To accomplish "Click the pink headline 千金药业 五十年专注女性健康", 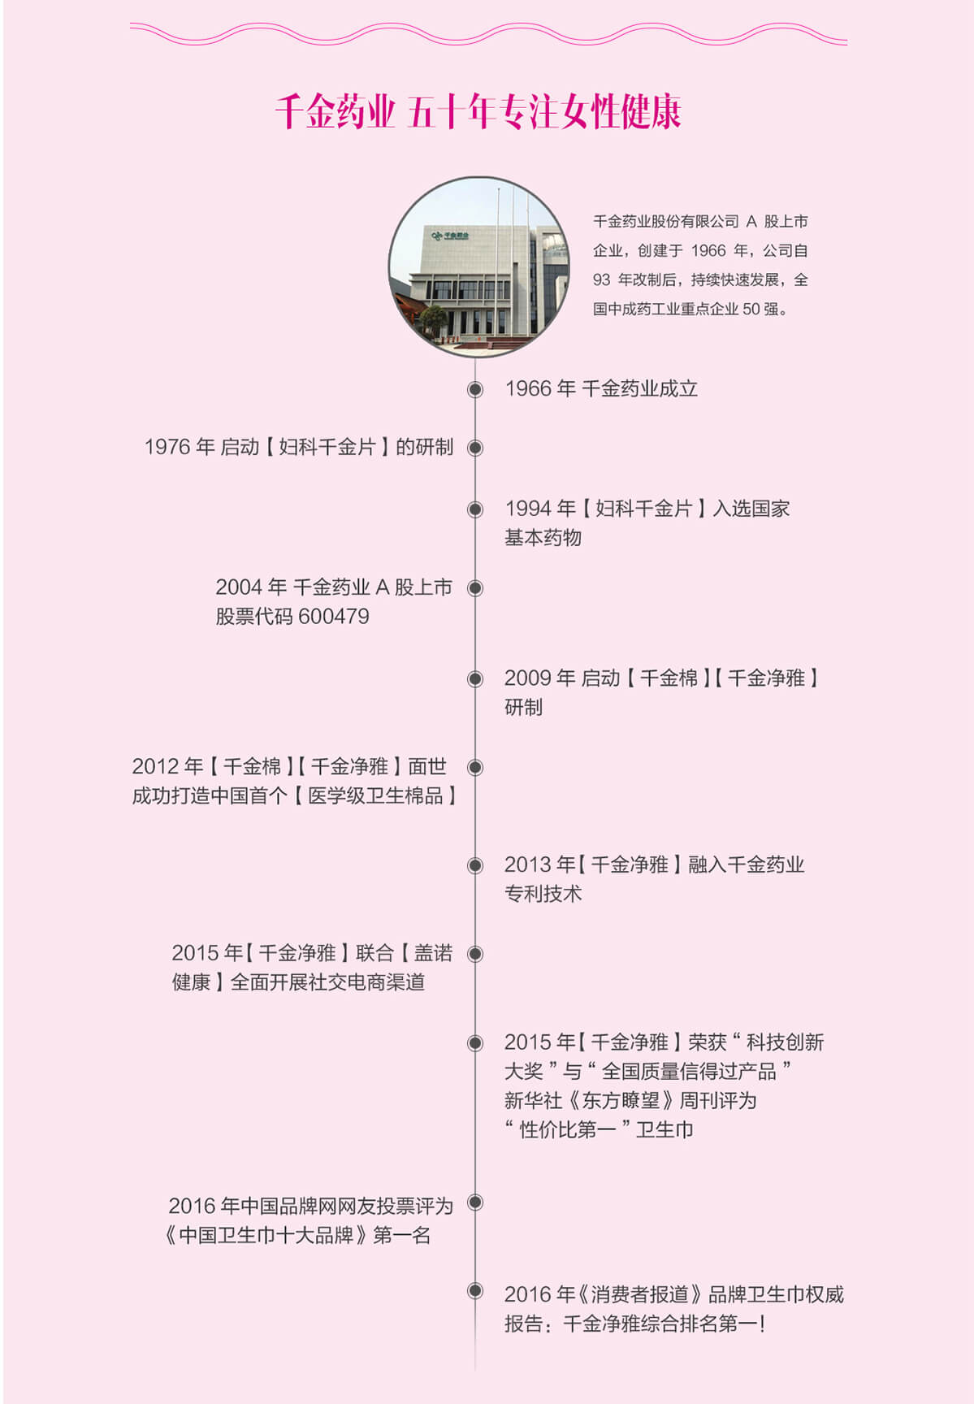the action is click(x=478, y=111).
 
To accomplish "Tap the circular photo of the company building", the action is click(x=478, y=267).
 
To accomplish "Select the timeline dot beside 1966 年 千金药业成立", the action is click(x=475, y=389).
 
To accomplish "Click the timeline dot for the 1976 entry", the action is click(x=475, y=448).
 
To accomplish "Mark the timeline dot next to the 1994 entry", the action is click(x=475, y=509).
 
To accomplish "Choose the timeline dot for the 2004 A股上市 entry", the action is click(x=475, y=588).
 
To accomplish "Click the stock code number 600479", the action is click(x=333, y=617).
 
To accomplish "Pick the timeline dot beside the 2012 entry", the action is click(x=475, y=767).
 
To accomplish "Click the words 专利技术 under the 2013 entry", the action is click(x=543, y=894).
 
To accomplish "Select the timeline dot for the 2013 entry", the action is click(x=475, y=865).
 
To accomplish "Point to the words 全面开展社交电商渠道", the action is click(x=327, y=982).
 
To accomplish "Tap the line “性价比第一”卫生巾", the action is click(x=599, y=1129).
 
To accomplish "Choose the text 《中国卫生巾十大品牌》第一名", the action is click(x=297, y=1236).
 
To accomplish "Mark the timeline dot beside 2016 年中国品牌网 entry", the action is click(x=475, y=1202).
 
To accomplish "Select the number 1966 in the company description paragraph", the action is click(x=708, y=251).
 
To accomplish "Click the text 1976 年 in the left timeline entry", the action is click(x=180, y=448).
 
